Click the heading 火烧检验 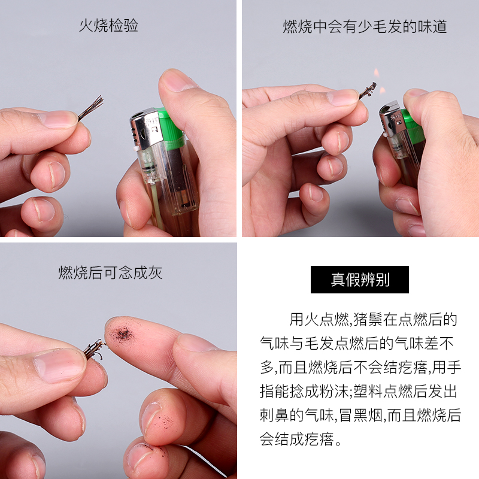pyautogui.click(x=108, y=25)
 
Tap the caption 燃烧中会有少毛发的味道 pyautogui.click(x=365, y=26)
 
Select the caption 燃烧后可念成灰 pyautogui.click(x=110, y=272)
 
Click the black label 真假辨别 pyautogui.click(x=360, y=280)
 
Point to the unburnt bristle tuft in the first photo pyautogui.click(x=91, y=108)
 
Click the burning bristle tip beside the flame pyautogui.click(x=368, y=90)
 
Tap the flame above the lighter pyautogui.click(x=378, y=81)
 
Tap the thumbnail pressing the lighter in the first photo pyautogui.click(x=175, y=80)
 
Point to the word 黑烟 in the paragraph pyautogui.click(x=368, y=415)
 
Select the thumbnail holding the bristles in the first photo pyautogui.click(x=58, y=120)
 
